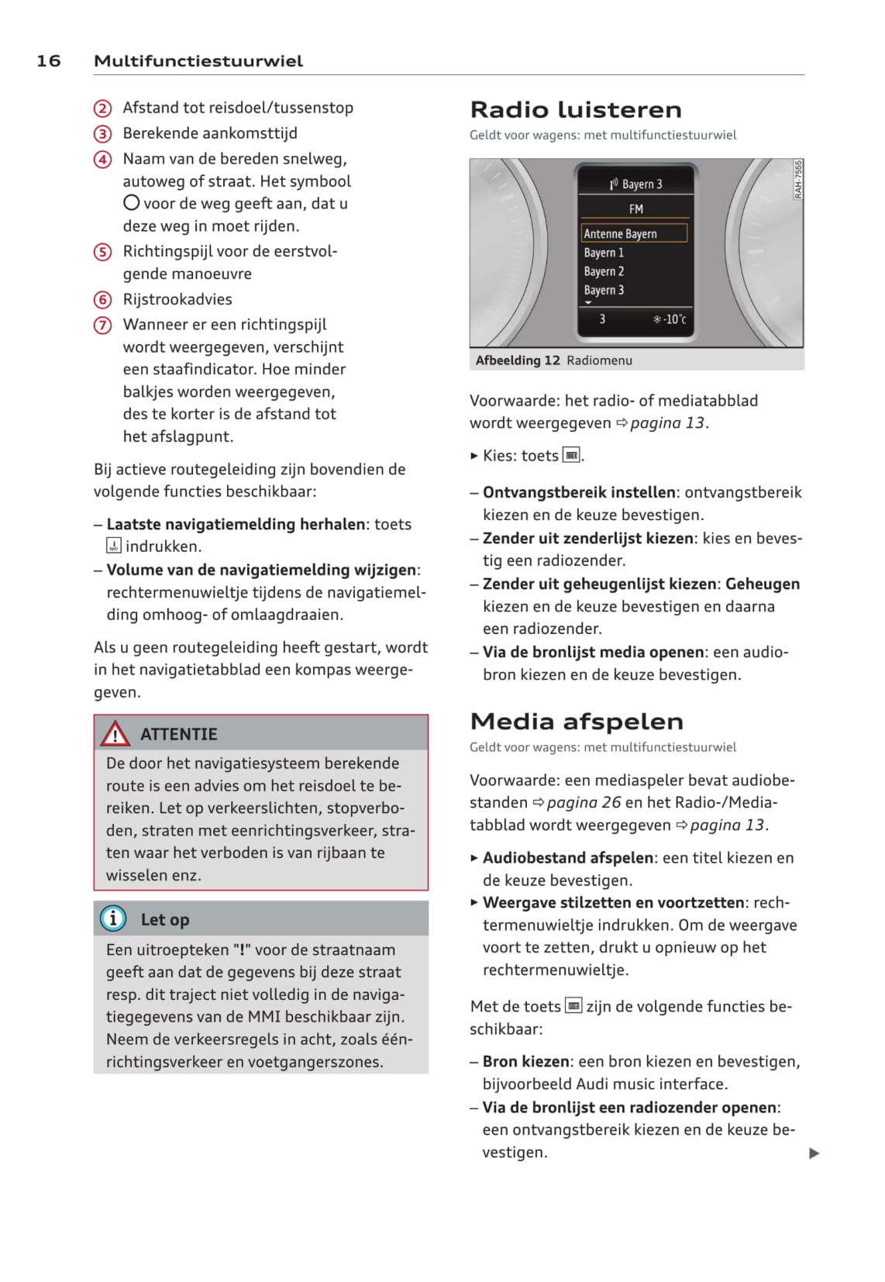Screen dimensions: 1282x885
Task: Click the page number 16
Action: [x=48, y=61]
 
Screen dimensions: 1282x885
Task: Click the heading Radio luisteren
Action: [x=575, y=109]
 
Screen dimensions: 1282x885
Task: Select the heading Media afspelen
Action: [x=576, y=722]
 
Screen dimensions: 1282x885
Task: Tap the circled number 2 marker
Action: [x=102, y=109]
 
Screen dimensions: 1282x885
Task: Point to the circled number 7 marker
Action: [x=102, y=326]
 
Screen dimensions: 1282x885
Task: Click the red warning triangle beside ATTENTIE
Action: [x=115, y=733]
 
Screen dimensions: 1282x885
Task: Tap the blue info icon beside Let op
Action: [x=113, y=919]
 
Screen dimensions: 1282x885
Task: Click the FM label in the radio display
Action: [x=635, y=208]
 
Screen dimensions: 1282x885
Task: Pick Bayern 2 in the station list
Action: [x=604, y=271]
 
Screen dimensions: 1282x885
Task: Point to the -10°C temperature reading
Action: [x=670, y=319]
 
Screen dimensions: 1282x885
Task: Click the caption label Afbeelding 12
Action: [x=517, y=360]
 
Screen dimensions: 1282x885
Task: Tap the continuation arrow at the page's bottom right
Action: [x=814, y=1153]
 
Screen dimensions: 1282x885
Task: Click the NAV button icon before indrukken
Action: [x=114, y=546]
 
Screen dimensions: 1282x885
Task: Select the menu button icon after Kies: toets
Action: [x=571, y=456]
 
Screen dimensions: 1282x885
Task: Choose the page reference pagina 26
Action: [x=584, y=802]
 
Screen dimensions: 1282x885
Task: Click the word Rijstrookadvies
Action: [x=177, y=299]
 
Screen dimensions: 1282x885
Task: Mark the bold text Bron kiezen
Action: [x=527, y=1061]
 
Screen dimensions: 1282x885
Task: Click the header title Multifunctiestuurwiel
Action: [x=198, y=61]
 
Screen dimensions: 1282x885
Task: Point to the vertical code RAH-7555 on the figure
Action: [x=798, y=180]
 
